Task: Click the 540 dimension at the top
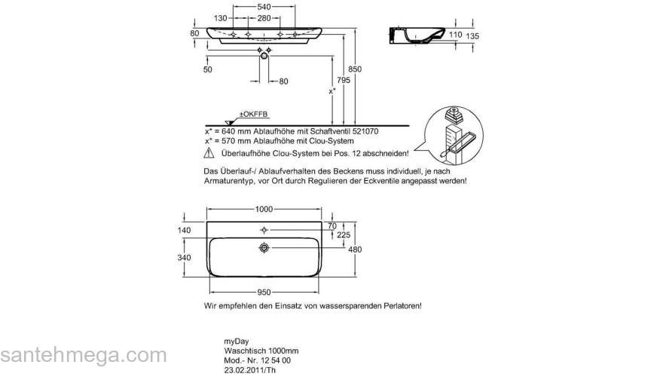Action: click(x=264, y=7)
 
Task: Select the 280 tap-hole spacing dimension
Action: click(x=264, y=18)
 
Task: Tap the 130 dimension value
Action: click(x=220, y=18)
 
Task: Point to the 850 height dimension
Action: click(x=355, y=69)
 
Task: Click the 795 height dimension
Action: click(x=344, y=79)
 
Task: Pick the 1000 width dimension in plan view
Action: click(x=264, y=209)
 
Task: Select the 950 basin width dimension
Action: click(x=264, y=292)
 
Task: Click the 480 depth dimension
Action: click(x=355, y=250)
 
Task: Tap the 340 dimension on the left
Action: click(x=185, y=257)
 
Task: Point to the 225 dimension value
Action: click(x=344, y=234)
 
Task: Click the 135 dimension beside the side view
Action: click(x=472, y=36)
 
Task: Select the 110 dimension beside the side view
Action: click(x=455, y=34)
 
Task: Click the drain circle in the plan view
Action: click(x=264, y=247)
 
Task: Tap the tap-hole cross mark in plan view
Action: click(x=264, y=230)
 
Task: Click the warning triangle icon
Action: click(x=209, y=153)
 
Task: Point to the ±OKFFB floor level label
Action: click(x=254, y=115)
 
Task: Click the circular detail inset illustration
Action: click(x=454, y=136)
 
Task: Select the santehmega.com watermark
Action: click(x=84, y=355)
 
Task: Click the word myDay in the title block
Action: click(x=237, y=342)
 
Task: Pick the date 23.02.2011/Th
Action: click(x=250, y=370)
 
